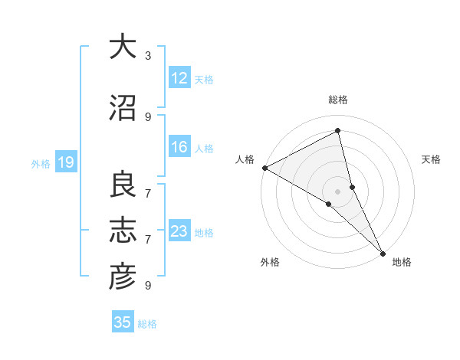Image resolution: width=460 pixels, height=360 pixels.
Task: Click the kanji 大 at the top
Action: pyautogui.click(x=123, y=47)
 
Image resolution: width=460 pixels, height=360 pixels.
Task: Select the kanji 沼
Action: pyautogui.click(x=123, y=109)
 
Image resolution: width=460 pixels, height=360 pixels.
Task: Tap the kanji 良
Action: pyautogui.click(x=123, y=185)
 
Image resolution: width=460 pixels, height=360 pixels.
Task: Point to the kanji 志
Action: pyautogui.click(x=123, y=231)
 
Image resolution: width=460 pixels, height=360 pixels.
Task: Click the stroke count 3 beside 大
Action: pyautogui.click(x=148, y=56)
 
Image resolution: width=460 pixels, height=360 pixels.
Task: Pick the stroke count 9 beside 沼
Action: pyautogui.click(x=148, y=117)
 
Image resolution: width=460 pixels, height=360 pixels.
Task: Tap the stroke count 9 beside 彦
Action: pyautogui.click(x=148, y=286)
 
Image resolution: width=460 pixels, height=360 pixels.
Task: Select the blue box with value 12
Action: pyautogui.click(x=179, y=78)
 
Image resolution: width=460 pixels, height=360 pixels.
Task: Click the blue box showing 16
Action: pyautogui.click(x=179, y=147)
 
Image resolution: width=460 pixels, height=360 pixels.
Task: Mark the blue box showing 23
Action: pyautogui.click(x=179, y=231)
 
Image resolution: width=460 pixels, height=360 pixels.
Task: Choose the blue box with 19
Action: pyautogui.click(x=65, y=162)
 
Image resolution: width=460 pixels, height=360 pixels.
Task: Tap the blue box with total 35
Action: pyautogui.click(x=123, y=322)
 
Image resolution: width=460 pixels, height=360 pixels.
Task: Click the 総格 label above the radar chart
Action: pyautogui.click(x=338, y=100)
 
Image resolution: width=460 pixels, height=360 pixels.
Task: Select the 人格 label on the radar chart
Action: pyautogui.click(x=245, y=159)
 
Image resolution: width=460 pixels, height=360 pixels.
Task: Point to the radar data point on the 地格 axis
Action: pyautogui.click(x=382, y=253)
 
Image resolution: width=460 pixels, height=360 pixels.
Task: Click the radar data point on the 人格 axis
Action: pyautogui.click(x=264, y=168)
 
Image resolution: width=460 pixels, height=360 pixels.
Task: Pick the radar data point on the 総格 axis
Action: pyautogui.click(x=338, y=131)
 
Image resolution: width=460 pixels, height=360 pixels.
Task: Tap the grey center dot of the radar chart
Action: pyautogui.click(x=338, y=191)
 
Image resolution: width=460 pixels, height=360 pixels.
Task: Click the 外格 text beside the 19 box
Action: pyautogui.click(x=41, y=163)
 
